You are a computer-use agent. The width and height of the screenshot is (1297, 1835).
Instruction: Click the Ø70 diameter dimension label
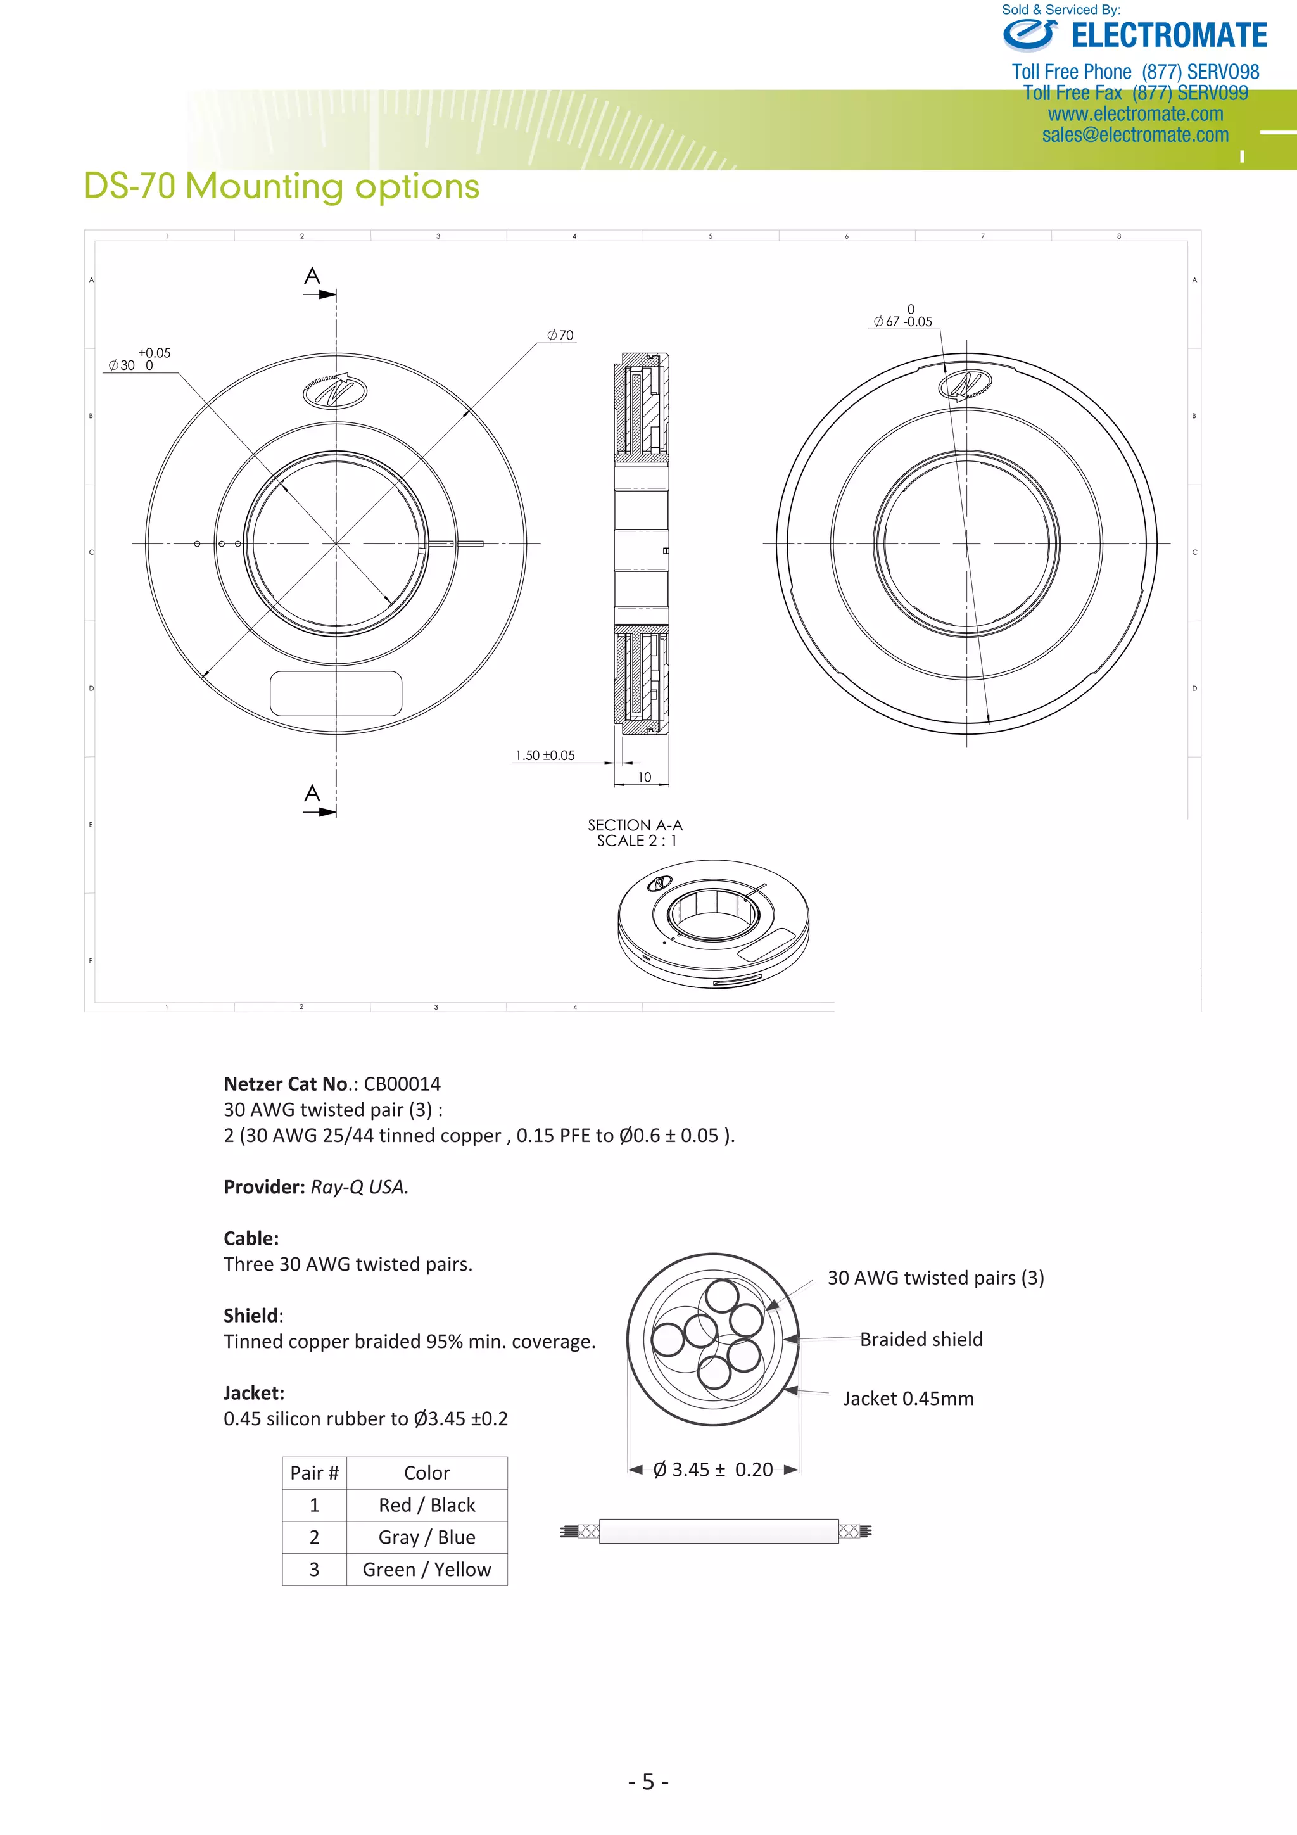(x=560, y=336)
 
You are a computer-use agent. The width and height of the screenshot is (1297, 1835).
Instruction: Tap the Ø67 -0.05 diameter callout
(x=903, y=317)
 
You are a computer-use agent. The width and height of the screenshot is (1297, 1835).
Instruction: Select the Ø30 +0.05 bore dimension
(x=140, y=360)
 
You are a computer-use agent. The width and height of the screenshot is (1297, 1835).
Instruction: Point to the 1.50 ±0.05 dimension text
(x=545, y=755)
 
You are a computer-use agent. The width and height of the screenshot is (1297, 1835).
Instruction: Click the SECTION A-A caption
(x=635, y=825)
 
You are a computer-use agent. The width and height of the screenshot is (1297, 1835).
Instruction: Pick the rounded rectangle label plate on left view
(x=336, y=694)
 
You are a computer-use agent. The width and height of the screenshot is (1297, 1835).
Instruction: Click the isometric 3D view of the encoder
(x=713, y=924)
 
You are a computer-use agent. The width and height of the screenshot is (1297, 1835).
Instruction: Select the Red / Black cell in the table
(x=427, y=1505)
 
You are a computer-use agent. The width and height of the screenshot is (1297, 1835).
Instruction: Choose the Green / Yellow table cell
(x=427, y=1570)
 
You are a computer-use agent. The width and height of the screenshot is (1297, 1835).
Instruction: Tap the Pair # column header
(x=314, y=1473)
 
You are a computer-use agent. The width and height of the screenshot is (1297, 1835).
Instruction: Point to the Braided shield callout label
(x=921, y=1340)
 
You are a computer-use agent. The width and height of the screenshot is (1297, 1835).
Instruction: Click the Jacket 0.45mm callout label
(x=909, y=1399)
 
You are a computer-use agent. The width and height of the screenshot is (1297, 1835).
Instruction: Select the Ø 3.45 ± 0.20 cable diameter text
(x=713, y=1470)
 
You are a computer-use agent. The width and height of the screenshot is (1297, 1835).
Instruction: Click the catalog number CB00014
(x=402, y=1084)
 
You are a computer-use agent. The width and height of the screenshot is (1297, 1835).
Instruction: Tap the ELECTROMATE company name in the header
(x=1169, y=36)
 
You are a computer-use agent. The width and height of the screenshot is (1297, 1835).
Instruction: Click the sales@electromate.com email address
(x=1135, y=135)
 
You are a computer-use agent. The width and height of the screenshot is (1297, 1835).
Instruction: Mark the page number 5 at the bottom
(x=648, y=1781)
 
